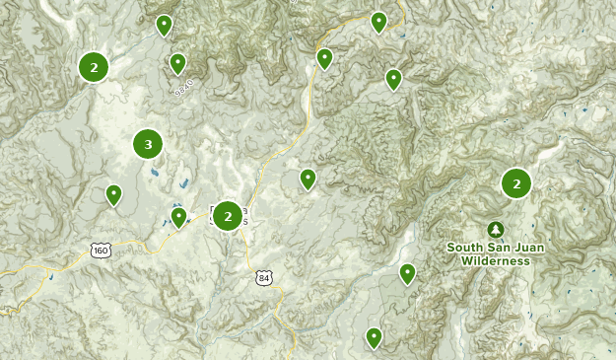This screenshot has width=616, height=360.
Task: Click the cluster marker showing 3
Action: (148, 145)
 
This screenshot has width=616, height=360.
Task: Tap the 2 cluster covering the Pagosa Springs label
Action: (228, 215)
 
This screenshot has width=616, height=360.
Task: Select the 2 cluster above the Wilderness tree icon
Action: (515, 183)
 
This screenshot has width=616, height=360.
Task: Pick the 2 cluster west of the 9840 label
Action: (94, 67)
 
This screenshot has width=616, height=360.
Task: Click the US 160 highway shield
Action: (101, 251)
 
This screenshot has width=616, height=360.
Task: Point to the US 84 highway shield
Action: (263, 277)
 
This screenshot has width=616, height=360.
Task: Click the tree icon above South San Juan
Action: (495, 229)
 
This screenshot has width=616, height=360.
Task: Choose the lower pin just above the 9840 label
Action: (177, 63)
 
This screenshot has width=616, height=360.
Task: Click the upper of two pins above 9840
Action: (165, 25)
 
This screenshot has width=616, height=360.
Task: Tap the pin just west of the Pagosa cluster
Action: (178, 216)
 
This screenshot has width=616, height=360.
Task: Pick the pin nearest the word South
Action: (407, 272)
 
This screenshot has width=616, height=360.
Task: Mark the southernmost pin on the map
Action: (374, 337)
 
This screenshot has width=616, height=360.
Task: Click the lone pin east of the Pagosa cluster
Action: (308, 179)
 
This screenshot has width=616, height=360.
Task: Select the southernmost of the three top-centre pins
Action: (393, 79)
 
